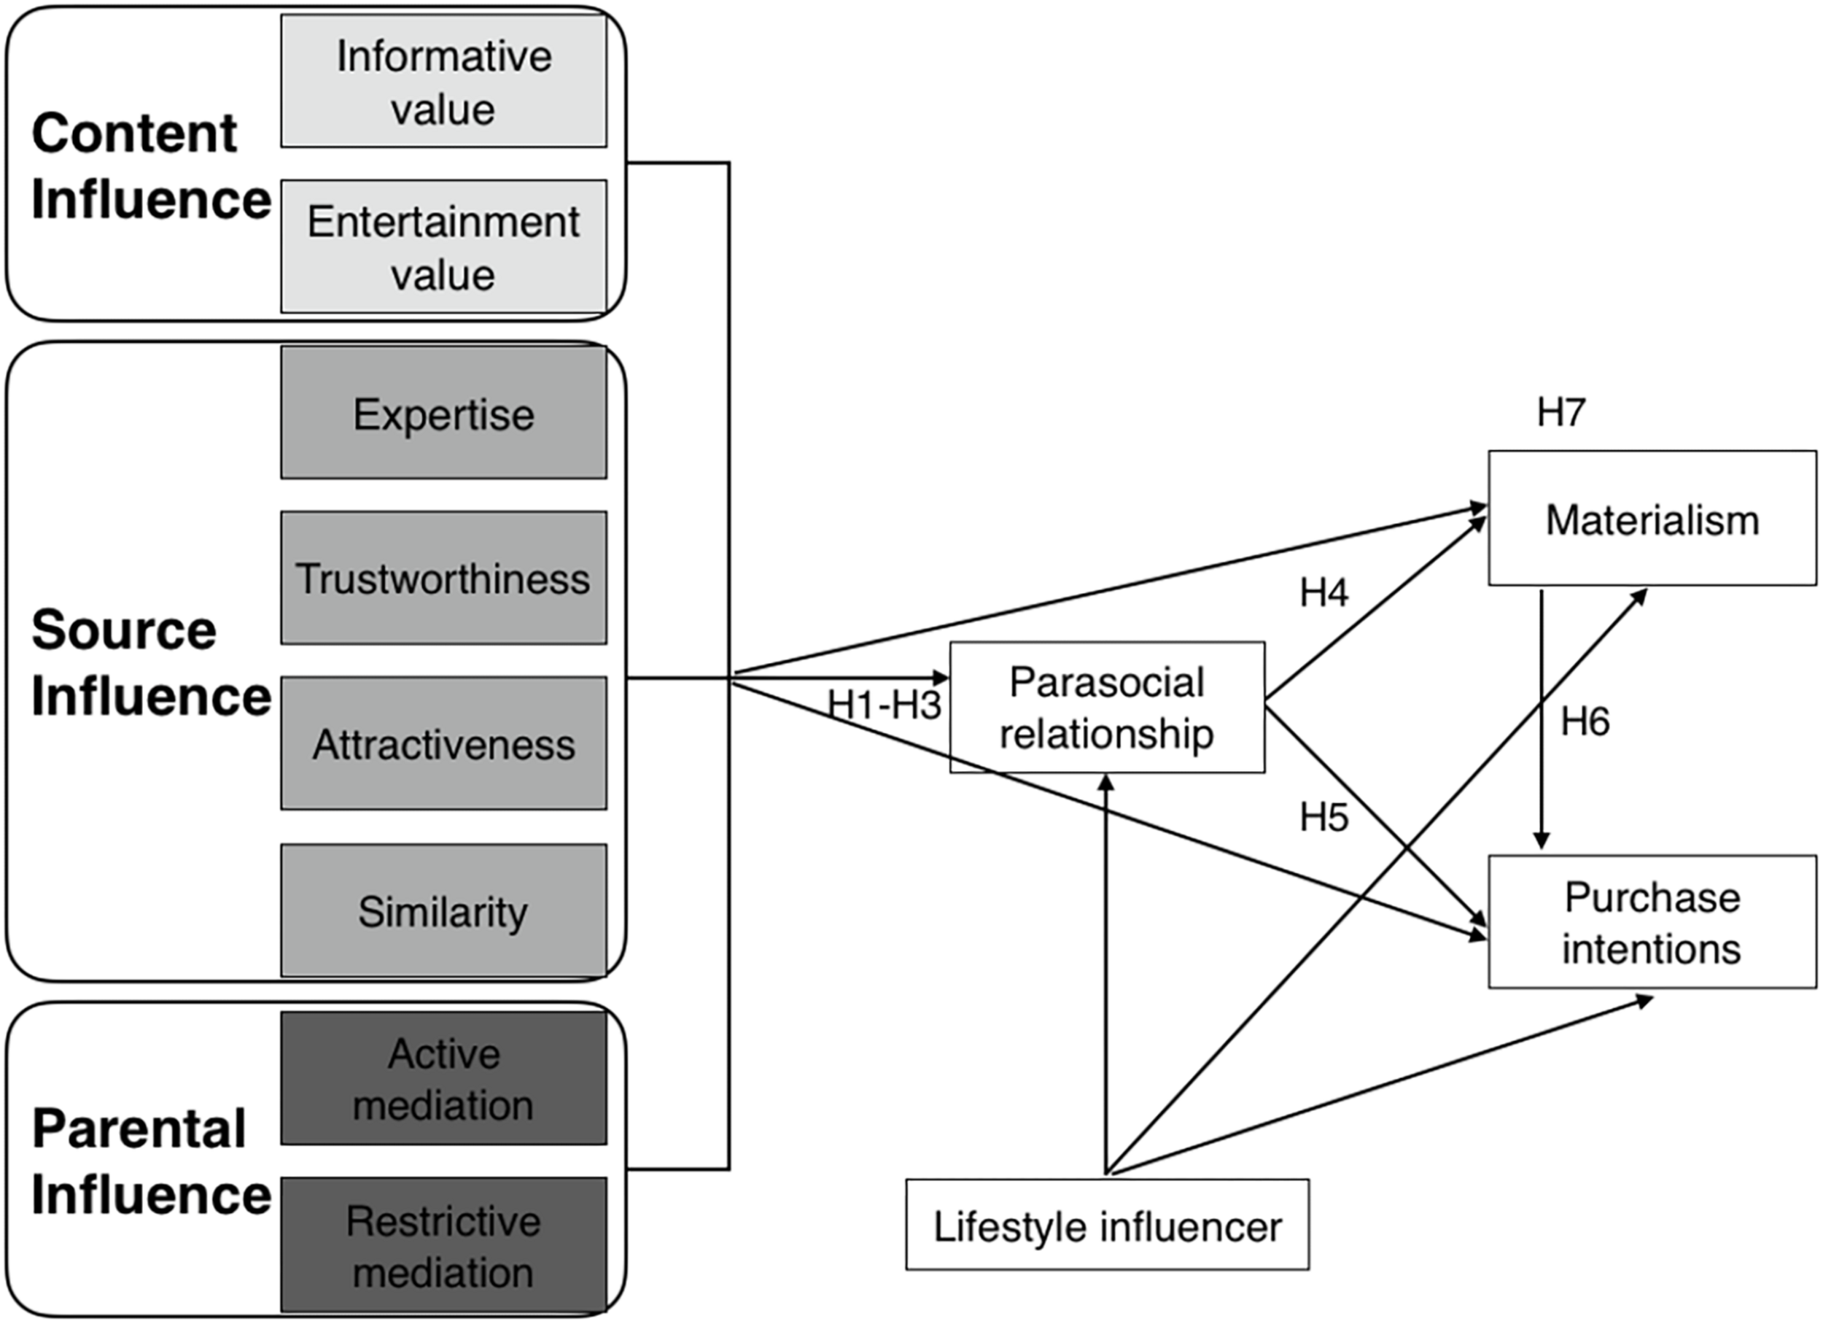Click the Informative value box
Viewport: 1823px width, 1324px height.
pos(443,81)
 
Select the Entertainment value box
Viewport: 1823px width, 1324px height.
pos(443,247)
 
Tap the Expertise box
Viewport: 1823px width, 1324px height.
pos(443,413)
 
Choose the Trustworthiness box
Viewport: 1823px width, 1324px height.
pos(443,578)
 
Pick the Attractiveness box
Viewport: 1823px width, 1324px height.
pos(443,743)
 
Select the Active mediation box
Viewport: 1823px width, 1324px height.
pos(443,1078)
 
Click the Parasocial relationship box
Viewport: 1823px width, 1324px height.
pos(1107,708)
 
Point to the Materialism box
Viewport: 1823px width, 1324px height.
pos(1652,519)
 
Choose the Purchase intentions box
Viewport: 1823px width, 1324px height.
pos(1652,922)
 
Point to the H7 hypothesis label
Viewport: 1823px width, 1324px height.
pos(1561,412)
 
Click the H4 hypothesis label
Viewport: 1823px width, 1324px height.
pos(1323,592)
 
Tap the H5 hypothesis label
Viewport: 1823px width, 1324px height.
pos(1323,818)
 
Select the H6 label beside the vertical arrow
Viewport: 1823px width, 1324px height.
pos(1585,721)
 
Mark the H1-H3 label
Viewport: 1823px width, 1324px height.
pos(885,705)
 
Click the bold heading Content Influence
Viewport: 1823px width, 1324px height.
pos(150,166)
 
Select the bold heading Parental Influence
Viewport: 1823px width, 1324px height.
pos(150,1161)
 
